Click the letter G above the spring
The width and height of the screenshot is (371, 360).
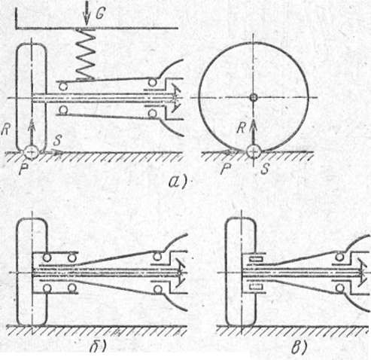[100, 14]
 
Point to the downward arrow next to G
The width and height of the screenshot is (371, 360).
[87, 14]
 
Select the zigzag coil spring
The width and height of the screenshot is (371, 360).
[86, 54]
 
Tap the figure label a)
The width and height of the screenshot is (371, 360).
[178, 182]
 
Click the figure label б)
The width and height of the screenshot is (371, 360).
[98, 347]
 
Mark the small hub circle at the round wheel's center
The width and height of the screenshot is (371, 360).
[254, 97]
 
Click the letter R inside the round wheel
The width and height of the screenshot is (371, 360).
[241, 128]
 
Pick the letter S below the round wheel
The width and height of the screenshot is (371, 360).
[265, 169]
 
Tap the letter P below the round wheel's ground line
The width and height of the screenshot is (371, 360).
[225, 169]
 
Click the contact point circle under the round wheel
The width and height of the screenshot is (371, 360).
[254, 151]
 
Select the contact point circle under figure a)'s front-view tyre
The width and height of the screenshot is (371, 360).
[32, 151]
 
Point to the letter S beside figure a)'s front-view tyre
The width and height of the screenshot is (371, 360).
[57, 140]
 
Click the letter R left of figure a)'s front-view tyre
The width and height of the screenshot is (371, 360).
[5, 130]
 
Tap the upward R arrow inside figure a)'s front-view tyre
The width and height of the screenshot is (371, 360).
[32, 132]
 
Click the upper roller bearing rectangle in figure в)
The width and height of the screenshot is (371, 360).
[256, 259]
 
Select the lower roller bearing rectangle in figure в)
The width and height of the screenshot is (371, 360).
[256, 286]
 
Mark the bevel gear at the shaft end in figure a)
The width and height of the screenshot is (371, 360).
[176, 98]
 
